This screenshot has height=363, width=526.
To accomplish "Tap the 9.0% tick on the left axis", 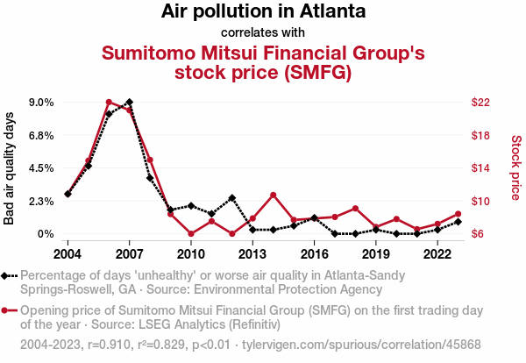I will pyautogui.click(x=40, y=103).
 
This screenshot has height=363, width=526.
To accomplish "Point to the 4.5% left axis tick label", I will pyautogui.click(x=40, y=168).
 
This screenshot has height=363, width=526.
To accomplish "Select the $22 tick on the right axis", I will pyautogui.click(x=480, y=103).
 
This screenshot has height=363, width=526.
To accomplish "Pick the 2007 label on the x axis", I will pyautogui.click(x=129, y=254).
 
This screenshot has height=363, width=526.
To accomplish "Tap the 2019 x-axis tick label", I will pyautogui.click(x=376, y=254).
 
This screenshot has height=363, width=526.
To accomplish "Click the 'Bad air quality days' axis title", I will pyautogui.click(x=10, y=168).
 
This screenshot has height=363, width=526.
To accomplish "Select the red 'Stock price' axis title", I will pyautogui.click(x=515, y=167).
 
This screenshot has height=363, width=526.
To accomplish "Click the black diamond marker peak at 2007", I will pyautogui.click(x=129, y=103).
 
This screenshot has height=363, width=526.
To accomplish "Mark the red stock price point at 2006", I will pyautogui.click(x=109, y=103).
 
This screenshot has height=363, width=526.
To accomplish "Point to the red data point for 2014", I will pyautogui.click(x=274, y=195).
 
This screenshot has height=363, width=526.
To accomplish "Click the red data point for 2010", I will pyautogui.click(x=191, y=234).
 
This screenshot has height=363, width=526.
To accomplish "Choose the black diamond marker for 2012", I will pyautogui.click(x=232, y=198).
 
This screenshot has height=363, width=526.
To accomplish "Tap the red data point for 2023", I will pyautogui.click(x=458, y=214).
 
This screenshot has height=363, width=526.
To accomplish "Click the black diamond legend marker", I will pyautogui.click(x=9, y=275).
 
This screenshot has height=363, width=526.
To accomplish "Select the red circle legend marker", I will pyautogui.click(x=9, y=310).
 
